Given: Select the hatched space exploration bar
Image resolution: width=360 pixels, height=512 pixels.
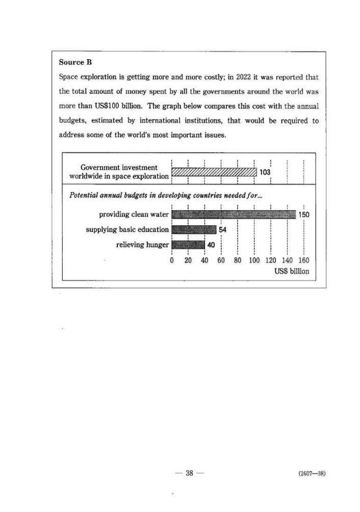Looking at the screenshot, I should tap(214, 172).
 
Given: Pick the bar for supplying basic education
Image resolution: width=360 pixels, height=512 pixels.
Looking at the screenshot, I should tap(194, 230).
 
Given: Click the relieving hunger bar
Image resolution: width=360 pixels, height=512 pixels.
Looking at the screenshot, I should tap(188, 245).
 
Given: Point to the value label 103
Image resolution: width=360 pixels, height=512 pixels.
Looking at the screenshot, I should tap(265, 172).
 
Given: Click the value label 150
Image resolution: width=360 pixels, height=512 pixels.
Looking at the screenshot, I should tap(304, 215).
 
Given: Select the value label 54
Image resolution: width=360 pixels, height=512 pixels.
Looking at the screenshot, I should tap(223, 230).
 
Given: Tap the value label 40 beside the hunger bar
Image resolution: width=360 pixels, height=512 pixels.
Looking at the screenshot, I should tap(211, 245).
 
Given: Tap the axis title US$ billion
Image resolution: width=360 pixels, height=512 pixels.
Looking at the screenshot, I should tap(292, 271).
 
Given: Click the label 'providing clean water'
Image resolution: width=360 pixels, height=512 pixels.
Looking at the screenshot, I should tap(134, 215).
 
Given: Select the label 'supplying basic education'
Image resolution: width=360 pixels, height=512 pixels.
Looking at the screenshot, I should tap(127, 230).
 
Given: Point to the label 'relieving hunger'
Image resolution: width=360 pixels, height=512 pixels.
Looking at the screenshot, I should tap(142, 245).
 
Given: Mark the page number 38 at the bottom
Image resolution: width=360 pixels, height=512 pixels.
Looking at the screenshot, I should tap(189, 473).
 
